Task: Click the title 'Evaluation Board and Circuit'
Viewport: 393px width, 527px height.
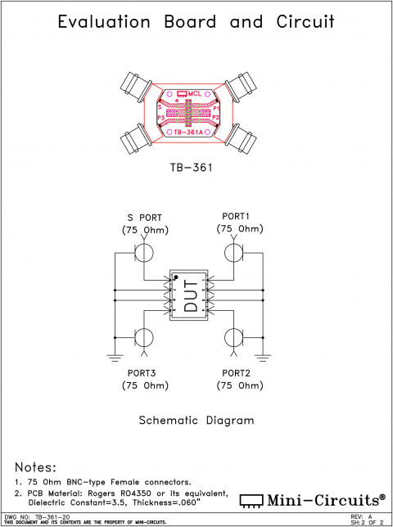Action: [196, 22]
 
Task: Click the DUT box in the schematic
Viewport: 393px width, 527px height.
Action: [190, 295]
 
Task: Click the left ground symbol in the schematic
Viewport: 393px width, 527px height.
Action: [115, 355]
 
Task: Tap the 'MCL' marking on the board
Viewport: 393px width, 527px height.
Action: [194, 94]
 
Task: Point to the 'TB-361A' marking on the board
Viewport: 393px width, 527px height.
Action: [191, 132]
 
